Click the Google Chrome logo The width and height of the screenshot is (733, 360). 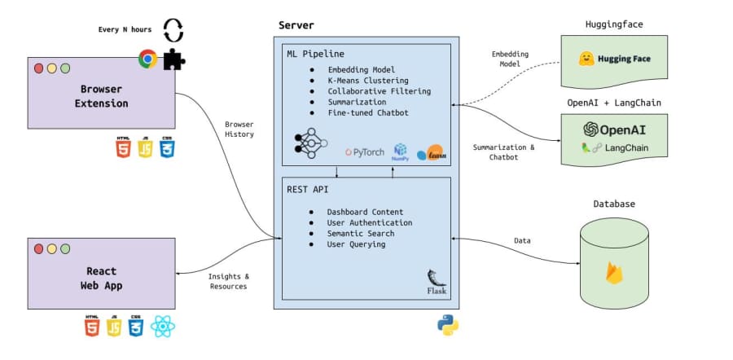pyautogui.click(x=147, y=59)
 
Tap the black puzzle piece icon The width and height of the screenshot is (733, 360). pyautogui.click(x=174, y=59)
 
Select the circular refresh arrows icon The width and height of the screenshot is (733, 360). pyautogui.click(x=173, y=30)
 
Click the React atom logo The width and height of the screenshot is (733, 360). pyautogui.click(x=163, y=326)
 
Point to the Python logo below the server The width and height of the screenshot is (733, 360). pyautogui.click(x=448, y=325)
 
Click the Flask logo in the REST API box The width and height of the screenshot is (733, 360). pyautogui.click(x=437, y=282)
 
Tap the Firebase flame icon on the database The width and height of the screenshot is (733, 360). pyautogui.click(x=614, y=273)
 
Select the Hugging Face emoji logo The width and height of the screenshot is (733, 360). pyautogui.click(x=586, y=59)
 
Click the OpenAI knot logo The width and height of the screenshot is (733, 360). pyautogui.click(x=591, y=129)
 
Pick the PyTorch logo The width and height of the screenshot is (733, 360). pyautogui.click(x=365, y=152)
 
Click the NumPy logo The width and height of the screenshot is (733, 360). pyautogui.click(x=400, y=152)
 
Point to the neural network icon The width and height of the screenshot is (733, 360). pyautogui.click(x=311, y=143)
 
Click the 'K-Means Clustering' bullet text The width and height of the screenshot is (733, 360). pyautogui.click(x=368, y=81)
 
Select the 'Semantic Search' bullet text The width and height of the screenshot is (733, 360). pyautogui.click(x=361, y=233)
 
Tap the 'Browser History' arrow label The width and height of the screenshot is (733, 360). pyautogui.click(x=239, y=130)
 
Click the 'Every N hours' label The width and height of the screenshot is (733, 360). pyautogui.click(x=125, y=29)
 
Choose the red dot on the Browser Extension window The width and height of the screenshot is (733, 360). pyautogui.click(x=39, y=68)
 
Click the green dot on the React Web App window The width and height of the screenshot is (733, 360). pyautogui.click(x=65, y=248)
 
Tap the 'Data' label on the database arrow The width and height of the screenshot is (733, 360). pyautogui.click(x=522, y=241)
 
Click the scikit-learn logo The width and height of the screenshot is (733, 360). pyautogui.click(x=429, y=153)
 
